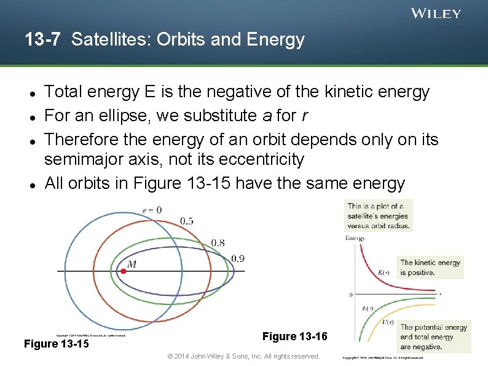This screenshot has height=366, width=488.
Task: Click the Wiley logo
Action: (x=436, y=14)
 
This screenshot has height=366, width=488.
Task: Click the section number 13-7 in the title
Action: (x=42, y=40)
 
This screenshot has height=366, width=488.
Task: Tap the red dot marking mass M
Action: (x=123, y=271)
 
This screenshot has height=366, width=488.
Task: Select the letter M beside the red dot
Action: (x=132, y=263)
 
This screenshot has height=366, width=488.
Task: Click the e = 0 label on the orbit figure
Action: (x=151, y=210)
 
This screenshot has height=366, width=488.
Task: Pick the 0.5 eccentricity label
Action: (x=187, y=220)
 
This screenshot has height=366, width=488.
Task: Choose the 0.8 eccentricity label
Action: (x=218, y=243)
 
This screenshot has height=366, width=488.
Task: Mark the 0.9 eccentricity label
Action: (x=237, y=258)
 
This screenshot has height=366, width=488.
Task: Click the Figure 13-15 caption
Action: (x=56, y=343)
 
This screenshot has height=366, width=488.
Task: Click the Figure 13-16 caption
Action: (x=295, y=336)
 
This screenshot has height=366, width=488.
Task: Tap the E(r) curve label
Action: (x=368, y=309)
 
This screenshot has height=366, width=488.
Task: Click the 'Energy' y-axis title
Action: (x=355, y=238)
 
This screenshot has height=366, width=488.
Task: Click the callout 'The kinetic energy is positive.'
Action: (x=430, y=267)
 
